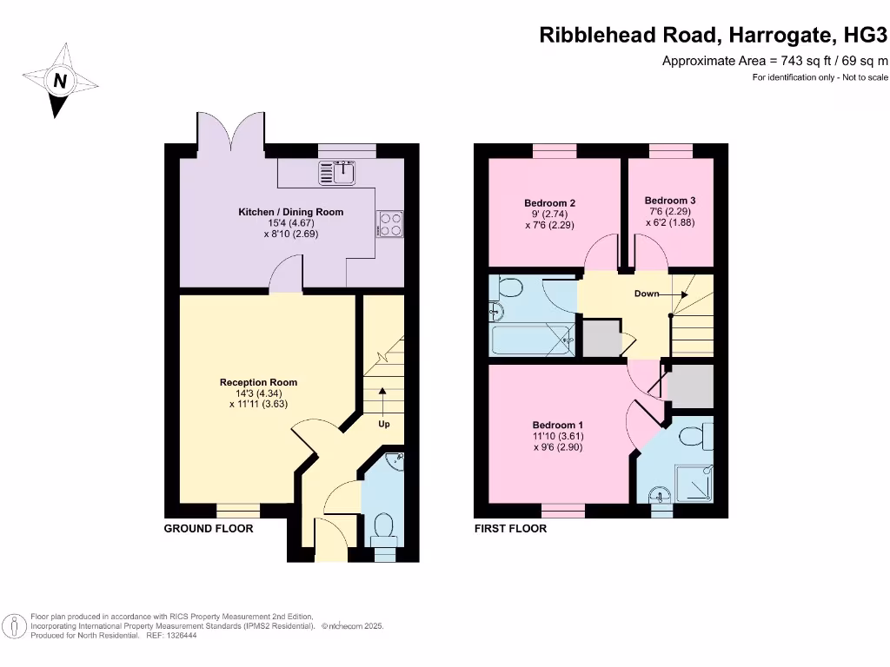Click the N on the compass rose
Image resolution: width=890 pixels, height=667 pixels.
[x=60, y=82]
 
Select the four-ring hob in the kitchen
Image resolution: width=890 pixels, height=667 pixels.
[x=390, y=224]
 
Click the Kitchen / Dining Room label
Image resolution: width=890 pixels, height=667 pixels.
[x=290, y=212]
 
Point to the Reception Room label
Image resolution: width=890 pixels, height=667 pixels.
[x=258, y=382]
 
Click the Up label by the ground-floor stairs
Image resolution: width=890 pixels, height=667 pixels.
[x=383, y=425]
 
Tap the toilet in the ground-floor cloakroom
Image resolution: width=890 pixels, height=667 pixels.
[x=382, y=525]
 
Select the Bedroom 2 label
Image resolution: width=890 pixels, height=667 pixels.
[x=549, y=203]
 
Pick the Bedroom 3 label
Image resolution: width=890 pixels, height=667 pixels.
[x=669, y=200]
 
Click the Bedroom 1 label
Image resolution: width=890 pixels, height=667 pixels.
[x=556, y=425]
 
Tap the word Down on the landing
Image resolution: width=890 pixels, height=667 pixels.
[x=646, y=294]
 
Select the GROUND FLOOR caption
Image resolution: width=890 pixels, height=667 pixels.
[x=209, y=528]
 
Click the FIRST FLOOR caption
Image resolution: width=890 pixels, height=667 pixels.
[x=510, y=528]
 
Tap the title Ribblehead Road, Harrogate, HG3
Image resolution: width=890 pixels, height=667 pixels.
[x=714, y=36]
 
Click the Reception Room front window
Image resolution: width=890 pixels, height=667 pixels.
[x=238, y=510]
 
